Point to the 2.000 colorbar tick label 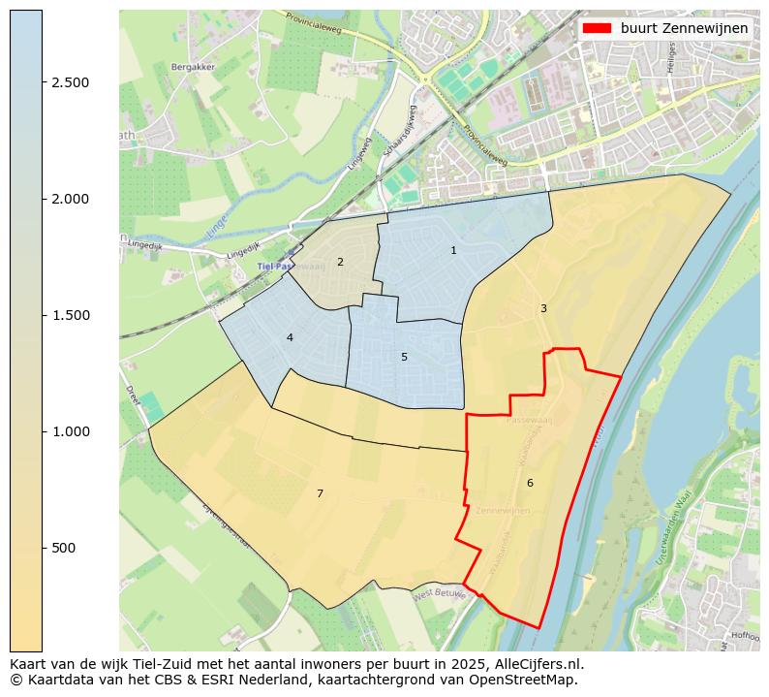pos(71,199)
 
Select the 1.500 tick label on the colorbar pos(71,315)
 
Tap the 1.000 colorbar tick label pos(71,431)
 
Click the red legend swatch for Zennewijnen pos(598,28)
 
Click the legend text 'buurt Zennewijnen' pos(684,28)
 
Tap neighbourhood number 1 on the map pos(453,251)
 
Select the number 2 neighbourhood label pos(340,262)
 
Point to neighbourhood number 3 pos(543,308)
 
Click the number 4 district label pos(290,337)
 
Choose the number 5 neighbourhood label pos(404,357)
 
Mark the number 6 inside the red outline pos(530,483)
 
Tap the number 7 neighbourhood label pos(320,494)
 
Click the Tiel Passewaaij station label pos(289,266)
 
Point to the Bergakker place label pos(192,67)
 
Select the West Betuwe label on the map pos(439,593)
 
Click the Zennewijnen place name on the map pos(504,510)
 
